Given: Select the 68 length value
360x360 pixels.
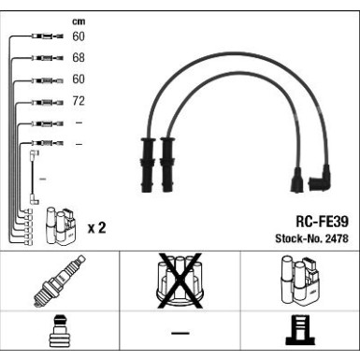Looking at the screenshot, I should coord(78,58).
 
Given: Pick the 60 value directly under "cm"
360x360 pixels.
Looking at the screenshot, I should coord(78,36).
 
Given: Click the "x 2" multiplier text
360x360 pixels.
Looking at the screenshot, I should coord(95,227).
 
